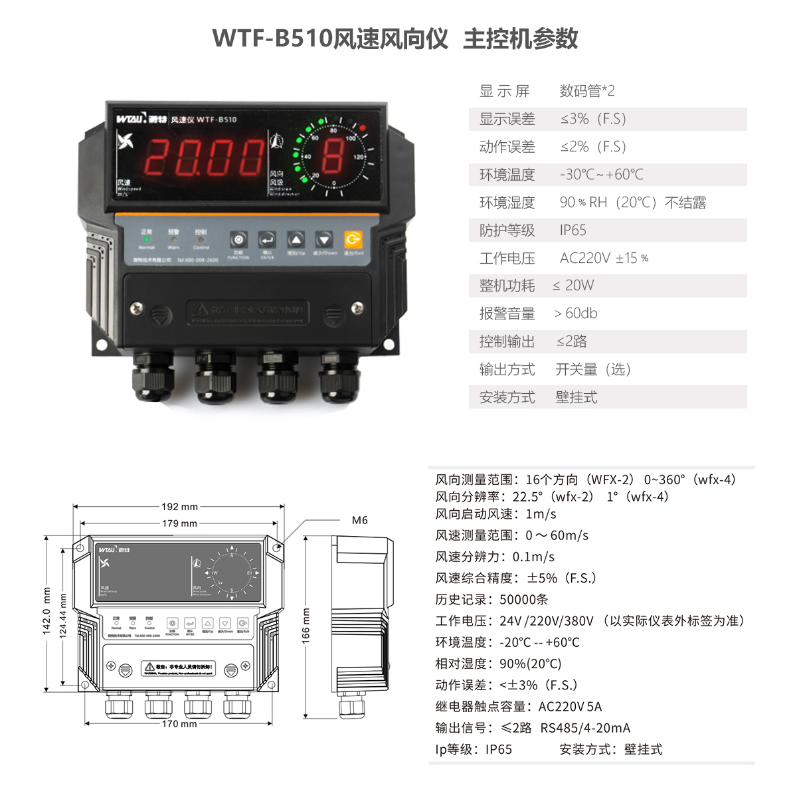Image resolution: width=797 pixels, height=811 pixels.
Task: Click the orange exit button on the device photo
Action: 353,239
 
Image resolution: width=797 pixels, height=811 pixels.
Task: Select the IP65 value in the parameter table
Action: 573,230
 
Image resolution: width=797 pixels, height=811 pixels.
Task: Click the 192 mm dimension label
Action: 179,507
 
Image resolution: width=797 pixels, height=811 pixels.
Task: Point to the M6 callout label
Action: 359,520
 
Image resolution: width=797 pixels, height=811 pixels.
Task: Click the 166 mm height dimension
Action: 306,626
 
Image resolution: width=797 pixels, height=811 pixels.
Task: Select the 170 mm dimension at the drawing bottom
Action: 179,723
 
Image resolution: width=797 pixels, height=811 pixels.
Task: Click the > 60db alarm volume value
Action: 576,314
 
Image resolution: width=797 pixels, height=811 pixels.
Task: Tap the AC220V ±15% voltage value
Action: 604,258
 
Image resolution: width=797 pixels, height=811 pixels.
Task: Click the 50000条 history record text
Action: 523,600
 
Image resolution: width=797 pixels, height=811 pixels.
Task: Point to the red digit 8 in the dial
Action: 333,157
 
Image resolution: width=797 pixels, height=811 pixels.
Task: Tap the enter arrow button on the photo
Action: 267,240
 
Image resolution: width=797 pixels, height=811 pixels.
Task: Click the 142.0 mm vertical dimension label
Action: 47,610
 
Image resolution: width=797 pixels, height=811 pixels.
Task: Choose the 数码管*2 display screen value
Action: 587,91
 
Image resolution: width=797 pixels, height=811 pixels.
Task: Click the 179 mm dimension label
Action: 179,523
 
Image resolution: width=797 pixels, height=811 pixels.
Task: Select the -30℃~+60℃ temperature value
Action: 601,175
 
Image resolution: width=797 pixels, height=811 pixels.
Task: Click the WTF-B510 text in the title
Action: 272,39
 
